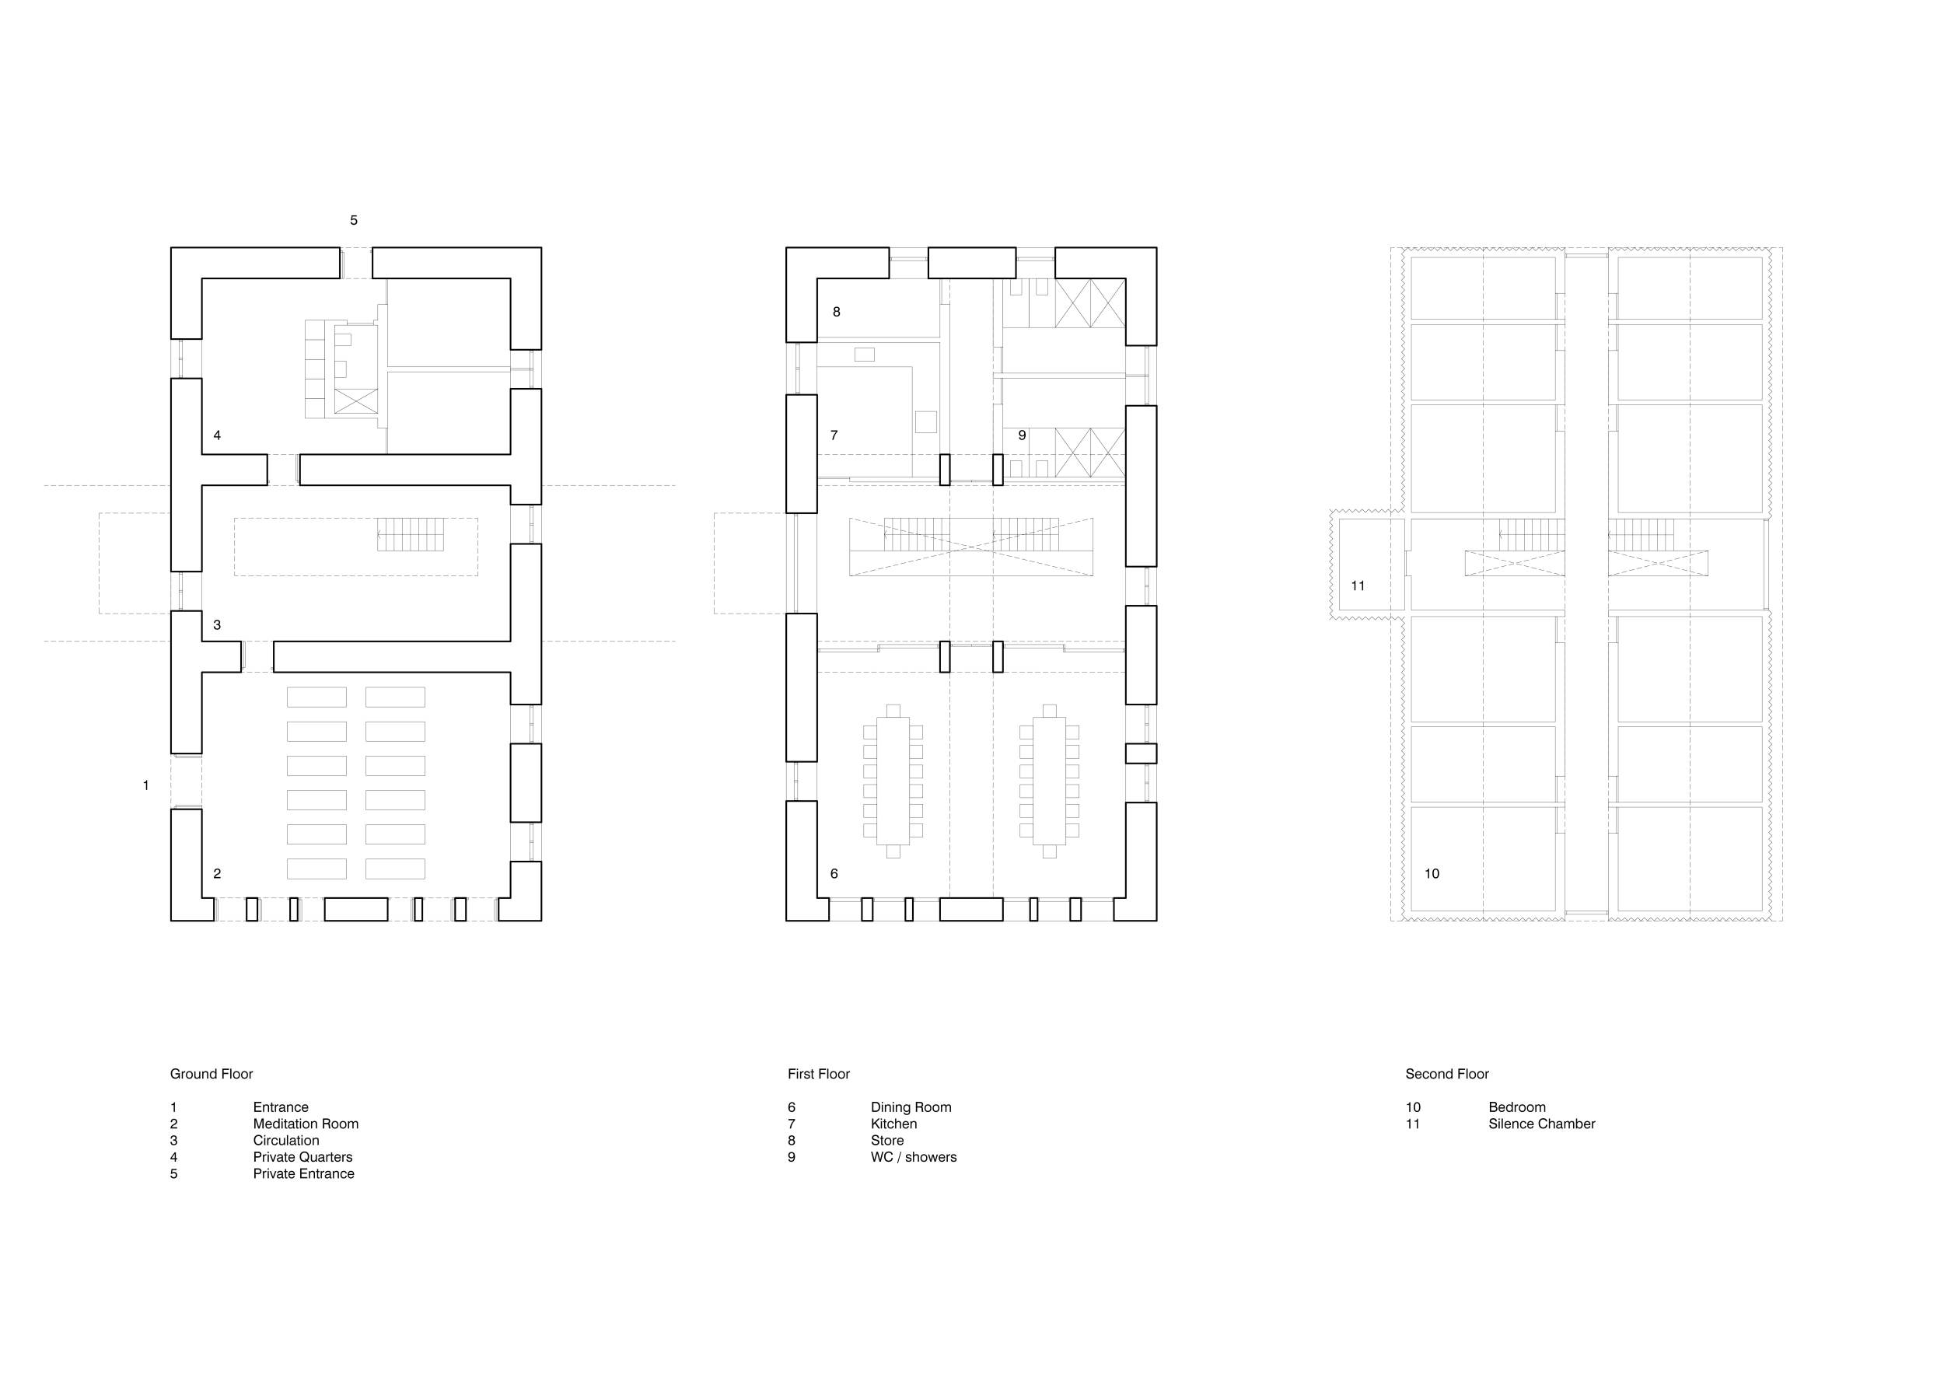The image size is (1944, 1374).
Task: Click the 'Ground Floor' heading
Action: pyautogui.click(x=212, y=1075)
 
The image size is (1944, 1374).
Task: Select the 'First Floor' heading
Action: pyautogui.click(x=819, y=1075)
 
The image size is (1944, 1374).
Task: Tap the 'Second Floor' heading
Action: pyautogui.click(x=1447, y=1075)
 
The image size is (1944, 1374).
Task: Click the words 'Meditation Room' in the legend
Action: pyautogui.click(x=306, y=1124)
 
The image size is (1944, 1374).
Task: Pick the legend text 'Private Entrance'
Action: pyautogui.click(x=304, y=1174)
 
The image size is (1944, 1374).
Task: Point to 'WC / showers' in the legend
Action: pyautogui.click(x=914, y=1157)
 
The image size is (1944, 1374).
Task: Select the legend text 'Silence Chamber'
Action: pyautogui.click(x=1542, y=1124)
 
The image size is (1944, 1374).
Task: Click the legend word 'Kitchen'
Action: pyautogui.click(x=894, y=1124)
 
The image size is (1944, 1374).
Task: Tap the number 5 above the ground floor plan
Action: pyautogui.click(x=354, y=220)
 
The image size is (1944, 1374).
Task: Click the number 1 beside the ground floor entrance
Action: pyautogui.click(x=145, y=785)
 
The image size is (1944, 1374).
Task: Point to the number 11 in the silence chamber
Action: pyautogui.click(x=1358, y=586)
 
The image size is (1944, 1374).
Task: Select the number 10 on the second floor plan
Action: pyautogui.click(x=1432, y=874)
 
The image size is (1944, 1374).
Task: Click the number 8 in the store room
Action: pyautogui.click(x=837, y=312)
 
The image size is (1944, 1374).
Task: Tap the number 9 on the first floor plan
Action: pyautogui.click(x=1022, y=435)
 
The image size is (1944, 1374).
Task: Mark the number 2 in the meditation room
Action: pyautogui.click(x=218, y=874)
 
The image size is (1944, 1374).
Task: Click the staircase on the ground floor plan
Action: pyautogui.click(x=410, y=535)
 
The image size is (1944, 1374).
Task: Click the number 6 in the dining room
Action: pyautogui.click(x=834, y=874)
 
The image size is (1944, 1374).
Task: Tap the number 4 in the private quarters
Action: pyautogui.click(x=218, y=435)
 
